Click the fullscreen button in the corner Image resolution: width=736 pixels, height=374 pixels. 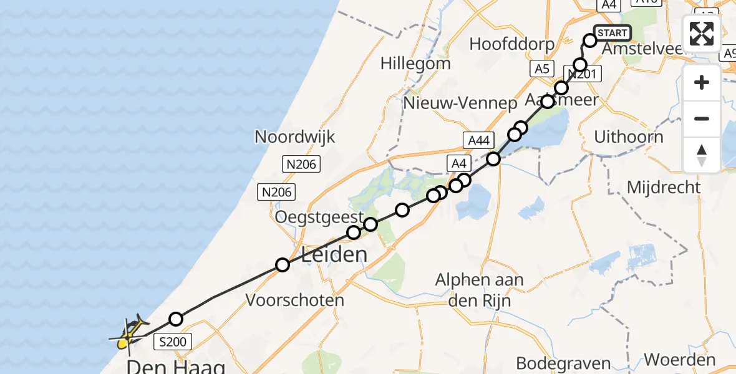(x=702, y=34)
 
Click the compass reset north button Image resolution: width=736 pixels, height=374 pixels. (x=702, y=155)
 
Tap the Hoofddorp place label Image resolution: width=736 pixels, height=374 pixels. (x=512, y=44)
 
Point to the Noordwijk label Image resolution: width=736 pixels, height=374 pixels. (x=295, y=137)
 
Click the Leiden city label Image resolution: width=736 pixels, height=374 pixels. (x=334, y=254)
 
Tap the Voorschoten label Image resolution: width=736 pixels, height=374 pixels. (x=295, y=300)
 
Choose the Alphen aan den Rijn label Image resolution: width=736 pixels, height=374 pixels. (x=480, y=290)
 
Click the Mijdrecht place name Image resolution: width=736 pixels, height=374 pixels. (x=664, y=187)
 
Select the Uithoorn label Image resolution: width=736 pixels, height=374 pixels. (x=629, y=137)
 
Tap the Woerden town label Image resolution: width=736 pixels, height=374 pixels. (x=679, y=360)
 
